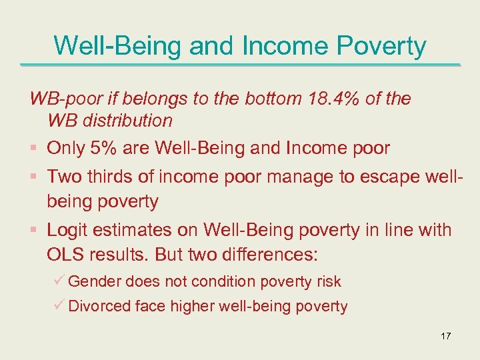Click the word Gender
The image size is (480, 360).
click(x=94, y=281)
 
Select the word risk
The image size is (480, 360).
click(x=329, y=281)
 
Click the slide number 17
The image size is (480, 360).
click(x=445, y=336)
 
